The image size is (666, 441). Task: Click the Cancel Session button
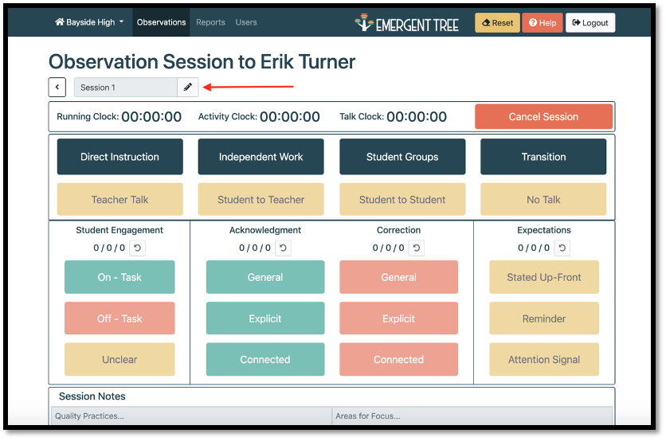(543, 117)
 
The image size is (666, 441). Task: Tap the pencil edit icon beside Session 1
(188, 88)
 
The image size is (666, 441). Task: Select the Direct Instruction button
(119, 157)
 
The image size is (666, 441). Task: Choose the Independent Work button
(261, 157)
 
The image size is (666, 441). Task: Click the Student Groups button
(402, 157)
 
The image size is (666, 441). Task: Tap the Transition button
(543, 157)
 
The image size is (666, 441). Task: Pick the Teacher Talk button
(119, 200)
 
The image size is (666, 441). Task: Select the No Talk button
(543, 200)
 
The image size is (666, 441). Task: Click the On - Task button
(119, 277)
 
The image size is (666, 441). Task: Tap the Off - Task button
(119, 318)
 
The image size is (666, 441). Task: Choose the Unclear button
(119, 360)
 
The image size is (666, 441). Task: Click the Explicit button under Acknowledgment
(265, 318)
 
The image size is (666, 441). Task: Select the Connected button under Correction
(398, 360)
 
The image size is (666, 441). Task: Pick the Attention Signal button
(543, 360)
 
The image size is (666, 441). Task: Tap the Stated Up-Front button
(543, 277)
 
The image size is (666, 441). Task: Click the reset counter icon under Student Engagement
(137, 248)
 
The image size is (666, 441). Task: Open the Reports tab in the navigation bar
(210, 22)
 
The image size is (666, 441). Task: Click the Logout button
(590, 22)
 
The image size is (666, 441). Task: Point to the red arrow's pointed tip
(203, 87)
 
